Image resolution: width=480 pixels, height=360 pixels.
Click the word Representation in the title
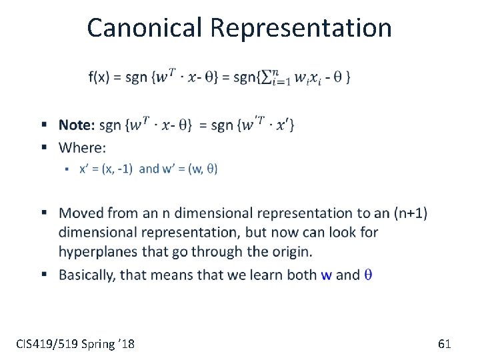pos(301,28)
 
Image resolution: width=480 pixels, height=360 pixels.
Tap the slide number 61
pos(445,344)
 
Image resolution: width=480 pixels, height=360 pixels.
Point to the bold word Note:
pos(77,125)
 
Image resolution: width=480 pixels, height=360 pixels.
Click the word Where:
pos(82,147)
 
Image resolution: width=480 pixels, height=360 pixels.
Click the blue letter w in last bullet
pos(326,275)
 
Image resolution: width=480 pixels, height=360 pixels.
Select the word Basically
pos(86,275)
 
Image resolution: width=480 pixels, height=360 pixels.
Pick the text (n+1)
pos(411,213)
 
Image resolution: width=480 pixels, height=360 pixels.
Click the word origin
pos(291,251)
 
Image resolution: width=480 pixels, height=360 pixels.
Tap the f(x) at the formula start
pos(99,77)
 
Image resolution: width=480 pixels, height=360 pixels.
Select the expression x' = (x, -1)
pos(107,169)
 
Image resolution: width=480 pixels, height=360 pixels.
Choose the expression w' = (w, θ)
pos(189,169)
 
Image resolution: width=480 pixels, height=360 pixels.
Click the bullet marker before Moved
pos(43,213)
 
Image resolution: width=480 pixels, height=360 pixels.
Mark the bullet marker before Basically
pos(43,274)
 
